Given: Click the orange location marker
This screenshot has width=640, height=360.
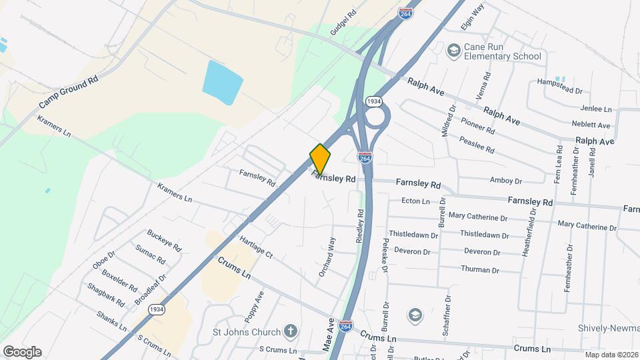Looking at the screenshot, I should tap(320, 159).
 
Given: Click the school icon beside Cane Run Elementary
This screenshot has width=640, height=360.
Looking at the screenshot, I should tap(454, 51).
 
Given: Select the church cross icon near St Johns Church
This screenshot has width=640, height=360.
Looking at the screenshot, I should tap(289, 330).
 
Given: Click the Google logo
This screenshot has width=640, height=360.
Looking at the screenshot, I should tap(22, 351).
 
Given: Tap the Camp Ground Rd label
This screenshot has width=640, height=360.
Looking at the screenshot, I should tap(68, 92).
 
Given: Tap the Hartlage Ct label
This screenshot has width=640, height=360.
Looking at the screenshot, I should tap(256, 247).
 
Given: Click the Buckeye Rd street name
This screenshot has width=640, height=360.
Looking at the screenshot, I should tap(164, 240).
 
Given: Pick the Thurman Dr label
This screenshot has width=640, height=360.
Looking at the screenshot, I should tap(480, 269).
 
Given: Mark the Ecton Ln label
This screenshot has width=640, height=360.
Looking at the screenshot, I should tap(415, 201).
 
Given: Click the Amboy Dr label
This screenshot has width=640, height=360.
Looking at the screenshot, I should tap(505, 181).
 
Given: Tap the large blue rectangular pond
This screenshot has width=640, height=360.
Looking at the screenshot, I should tap(223, 81).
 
